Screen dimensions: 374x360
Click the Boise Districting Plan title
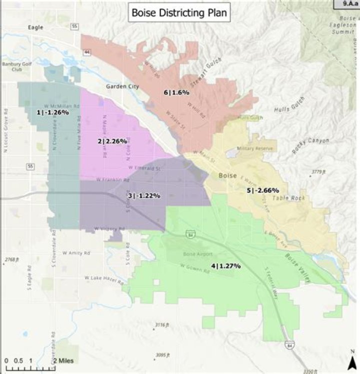[179, 13]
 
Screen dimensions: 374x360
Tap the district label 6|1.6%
[176, 92]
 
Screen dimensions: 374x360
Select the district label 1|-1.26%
[52, 113]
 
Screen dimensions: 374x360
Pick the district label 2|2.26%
[112, 141]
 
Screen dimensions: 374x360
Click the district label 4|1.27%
[225, 266]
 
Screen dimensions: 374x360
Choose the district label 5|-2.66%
[262, 190]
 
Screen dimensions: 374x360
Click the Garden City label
[121, 86]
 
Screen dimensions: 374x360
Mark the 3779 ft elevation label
[318, 172]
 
